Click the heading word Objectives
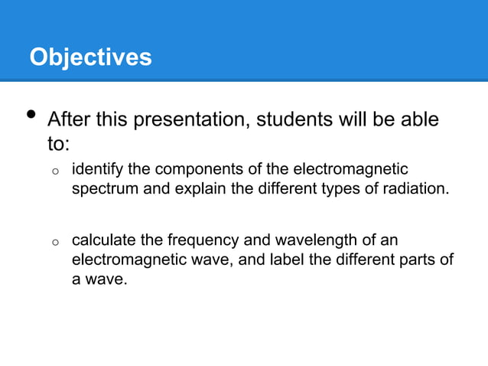pyautogui.click(x=90, y=57)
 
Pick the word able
pyautogui.click(x=419, y=121)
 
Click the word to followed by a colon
pyautogui.click(x=60, y=143)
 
